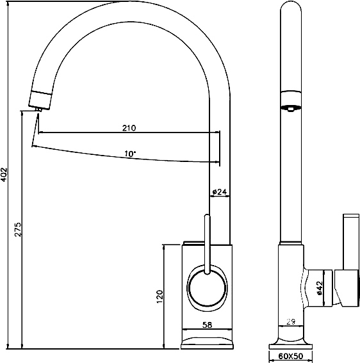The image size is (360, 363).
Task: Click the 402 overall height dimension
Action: click(x=4, y=175)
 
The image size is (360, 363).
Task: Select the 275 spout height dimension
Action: click(x=18, y=230)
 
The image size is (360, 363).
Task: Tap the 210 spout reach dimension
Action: click(x=129, y=128)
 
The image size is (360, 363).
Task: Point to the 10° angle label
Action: click(x=130, y=154)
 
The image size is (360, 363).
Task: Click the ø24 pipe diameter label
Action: click(x=219, y=191)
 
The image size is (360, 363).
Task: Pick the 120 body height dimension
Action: click(x=160, y=296)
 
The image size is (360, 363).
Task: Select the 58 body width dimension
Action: click(x=207, y=325)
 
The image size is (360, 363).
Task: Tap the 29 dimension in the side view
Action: click(x=291, y=321)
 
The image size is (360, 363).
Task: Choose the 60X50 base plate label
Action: click(x=291, y=356)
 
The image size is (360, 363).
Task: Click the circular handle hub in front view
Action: click(x=207, y=287)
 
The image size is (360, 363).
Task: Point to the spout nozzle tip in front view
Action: click(x=39, y=109)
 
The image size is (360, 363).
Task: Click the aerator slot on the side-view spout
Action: click(x=291, y=108)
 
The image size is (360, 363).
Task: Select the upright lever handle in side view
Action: click(x=351, y=242)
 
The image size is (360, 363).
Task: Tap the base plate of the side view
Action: click(x=291, y=346)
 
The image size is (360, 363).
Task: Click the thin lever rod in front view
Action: click(x=207, y=245)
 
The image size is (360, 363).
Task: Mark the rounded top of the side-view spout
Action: click(x=291, y=6)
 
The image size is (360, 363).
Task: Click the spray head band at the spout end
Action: click(x=40, y=100)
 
